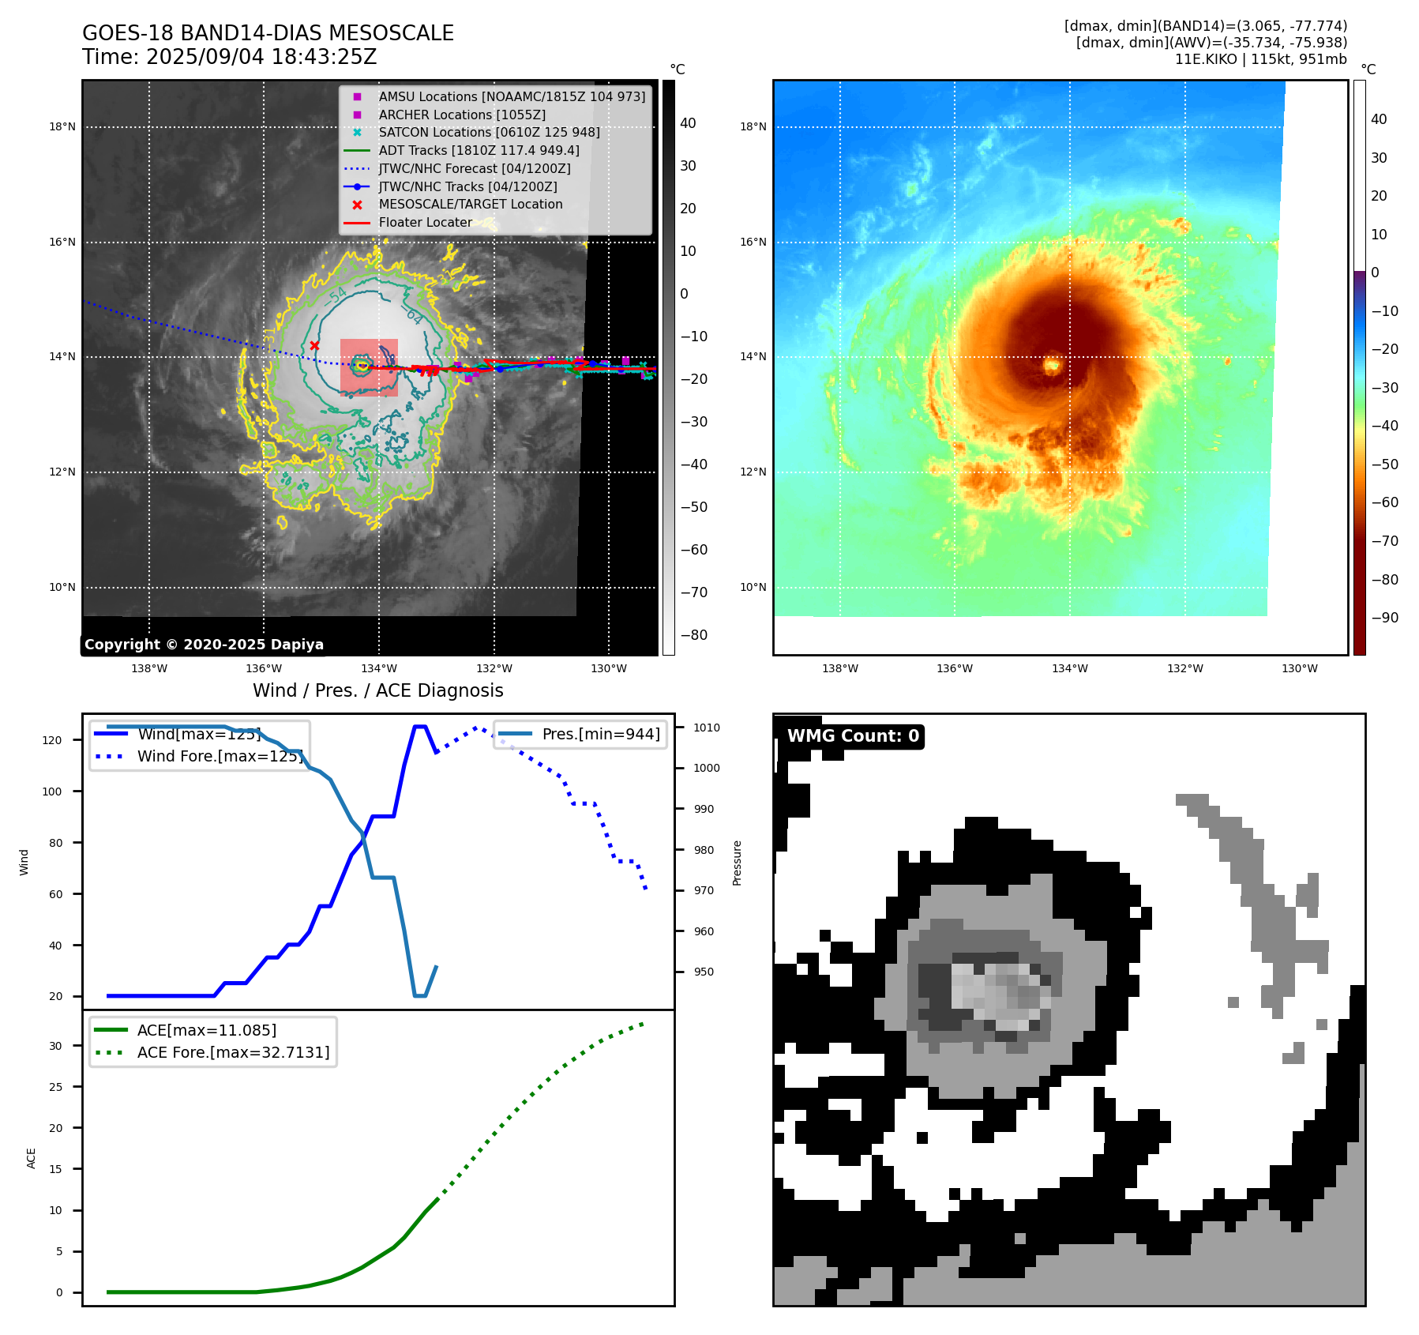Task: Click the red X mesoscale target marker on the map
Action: click(314, 345)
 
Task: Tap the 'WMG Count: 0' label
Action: click(853, 736)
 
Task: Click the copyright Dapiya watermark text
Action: click(204, 645)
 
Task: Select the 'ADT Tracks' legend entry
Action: click(479, 150)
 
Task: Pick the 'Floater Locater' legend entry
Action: click(425, 222)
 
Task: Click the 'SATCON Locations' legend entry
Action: click(489, 132)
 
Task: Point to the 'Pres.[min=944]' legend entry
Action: click(600, 734)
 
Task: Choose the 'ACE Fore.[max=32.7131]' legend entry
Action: click(233, 1052)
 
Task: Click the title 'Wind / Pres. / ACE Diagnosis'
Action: click(377, 690)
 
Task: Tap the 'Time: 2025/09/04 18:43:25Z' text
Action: click(229, 57)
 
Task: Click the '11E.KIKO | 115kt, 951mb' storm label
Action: click(1260, 59)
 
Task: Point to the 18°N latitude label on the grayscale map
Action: click(62, 126)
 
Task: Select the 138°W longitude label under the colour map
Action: click(839, 668)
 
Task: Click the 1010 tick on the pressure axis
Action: click(707, 728)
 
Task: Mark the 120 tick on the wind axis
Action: click(52, 740)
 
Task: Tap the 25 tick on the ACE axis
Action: click(55, 1087)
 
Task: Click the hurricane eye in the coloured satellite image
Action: click(1052, 365)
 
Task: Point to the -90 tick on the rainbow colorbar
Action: click(1384, 618)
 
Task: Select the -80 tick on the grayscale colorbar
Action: click(694, 635)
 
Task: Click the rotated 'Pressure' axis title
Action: click(737, 863)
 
